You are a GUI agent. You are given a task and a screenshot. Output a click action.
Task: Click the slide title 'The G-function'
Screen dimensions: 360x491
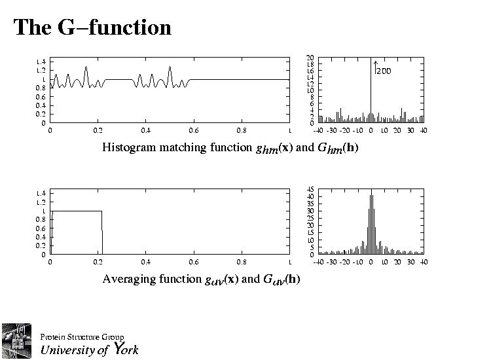coord(92,27)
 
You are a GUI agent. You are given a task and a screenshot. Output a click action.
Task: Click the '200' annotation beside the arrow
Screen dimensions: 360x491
coord(383,71)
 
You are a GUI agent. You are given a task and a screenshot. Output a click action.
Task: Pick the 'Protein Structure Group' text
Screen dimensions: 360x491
coord(82,337)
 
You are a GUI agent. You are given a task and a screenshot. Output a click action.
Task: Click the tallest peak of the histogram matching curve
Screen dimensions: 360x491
coord(86,68)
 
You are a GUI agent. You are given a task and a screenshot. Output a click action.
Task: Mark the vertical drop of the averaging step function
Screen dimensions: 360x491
coord(102,232)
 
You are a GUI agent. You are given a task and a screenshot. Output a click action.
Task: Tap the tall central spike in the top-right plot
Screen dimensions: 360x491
coord(371,85)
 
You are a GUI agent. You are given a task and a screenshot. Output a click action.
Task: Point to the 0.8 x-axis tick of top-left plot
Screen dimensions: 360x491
coord(241,130)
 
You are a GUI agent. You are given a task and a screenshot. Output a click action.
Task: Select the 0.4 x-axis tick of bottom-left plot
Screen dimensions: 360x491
coord(145,262)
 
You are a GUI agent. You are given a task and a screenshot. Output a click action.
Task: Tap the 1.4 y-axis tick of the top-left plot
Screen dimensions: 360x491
coord(41,62)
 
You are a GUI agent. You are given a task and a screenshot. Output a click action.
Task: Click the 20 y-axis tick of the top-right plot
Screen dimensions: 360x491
coord(310,58)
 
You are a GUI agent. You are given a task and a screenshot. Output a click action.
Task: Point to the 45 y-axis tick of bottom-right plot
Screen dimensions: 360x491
coord(310,189)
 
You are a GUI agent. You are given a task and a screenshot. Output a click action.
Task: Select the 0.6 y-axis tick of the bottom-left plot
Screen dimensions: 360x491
coord(41,228)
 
